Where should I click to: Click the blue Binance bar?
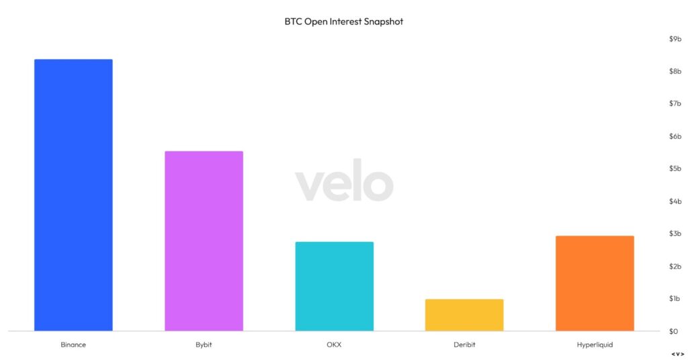[73, 195]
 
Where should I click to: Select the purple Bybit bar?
[204, 241]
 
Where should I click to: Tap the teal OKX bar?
[335, 286]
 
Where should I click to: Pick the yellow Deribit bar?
[464, 315]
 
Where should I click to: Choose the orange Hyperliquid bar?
[595, 283]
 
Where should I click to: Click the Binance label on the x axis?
[73, 345]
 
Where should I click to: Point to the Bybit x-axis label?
[204, 345]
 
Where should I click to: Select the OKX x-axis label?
[334, 345]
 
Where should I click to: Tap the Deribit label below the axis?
[464, 345]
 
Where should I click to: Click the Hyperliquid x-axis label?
[595, 345]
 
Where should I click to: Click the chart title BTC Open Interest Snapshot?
[343, 21]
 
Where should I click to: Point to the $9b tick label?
[675, 39]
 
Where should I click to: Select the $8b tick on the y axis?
[675, 71]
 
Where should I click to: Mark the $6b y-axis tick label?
[675, 136]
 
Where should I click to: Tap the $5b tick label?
[675, 169]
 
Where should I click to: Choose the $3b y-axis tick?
[675, 234]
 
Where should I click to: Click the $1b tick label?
[675, 299]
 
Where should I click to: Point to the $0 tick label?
[673, 331]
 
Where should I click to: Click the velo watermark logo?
[344, 181]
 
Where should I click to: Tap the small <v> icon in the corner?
[677, 355]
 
